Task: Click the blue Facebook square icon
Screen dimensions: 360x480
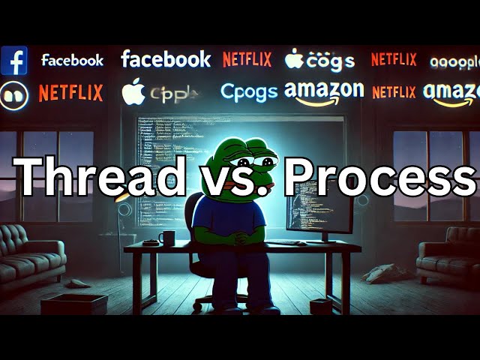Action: tap(13, 60)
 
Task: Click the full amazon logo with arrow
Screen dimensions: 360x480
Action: tap(323, 92)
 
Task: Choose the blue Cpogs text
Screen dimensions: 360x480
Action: tap(249, 91)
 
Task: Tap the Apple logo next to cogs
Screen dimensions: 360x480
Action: tap(294, 58)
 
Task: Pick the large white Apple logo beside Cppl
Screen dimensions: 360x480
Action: tap(133, 91)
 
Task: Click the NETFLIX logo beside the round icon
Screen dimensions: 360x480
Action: tap(70, 92)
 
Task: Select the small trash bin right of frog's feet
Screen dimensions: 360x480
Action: tap(320, 306)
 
